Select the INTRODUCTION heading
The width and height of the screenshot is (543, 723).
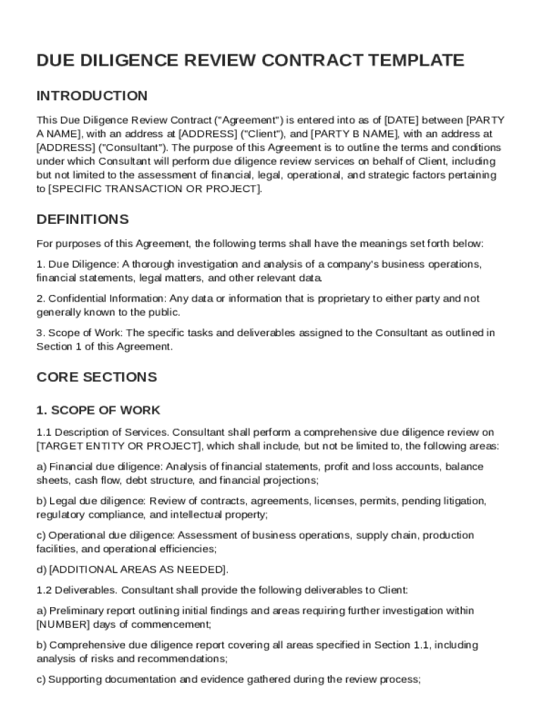[92, 96]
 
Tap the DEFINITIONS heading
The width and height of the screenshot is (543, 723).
[83, 219]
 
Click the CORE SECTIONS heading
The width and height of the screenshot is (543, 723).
[97, 377]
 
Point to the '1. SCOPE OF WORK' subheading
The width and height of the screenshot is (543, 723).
[99, 410]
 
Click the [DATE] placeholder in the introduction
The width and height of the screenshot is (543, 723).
[402, 120]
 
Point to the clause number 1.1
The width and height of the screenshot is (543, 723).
[44, 432]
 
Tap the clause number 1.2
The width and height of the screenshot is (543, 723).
[44, 590]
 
